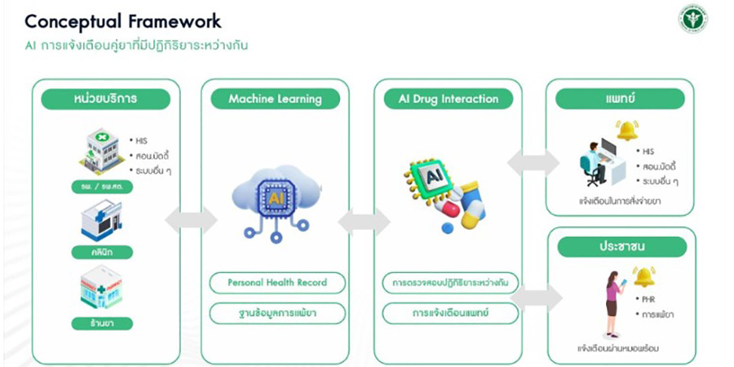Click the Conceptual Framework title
pyautogui.click(x=122, y=20)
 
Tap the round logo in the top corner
pyautogui.click(x=693, y=19)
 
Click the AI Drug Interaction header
pyautogui.click(x=448, y=99)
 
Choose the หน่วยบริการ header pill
pyautogui.click(x=106, y=99)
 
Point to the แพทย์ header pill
pyautogui.click(x=620, y=99)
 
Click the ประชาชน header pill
pyautogui.click(x=620, y=246)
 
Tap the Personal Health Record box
pyautogui.click(x=277, y=282)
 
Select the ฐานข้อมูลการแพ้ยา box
pyautogui.click(x=277, y=312)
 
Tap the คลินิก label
pyautogui.click(x=101, y=252)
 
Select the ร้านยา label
pyautogui.click(x=101, y=323)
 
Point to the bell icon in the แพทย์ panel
pyautogui.click(x=627, y=130)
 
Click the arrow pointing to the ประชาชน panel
pyautogui.click(x=537, y=298)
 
